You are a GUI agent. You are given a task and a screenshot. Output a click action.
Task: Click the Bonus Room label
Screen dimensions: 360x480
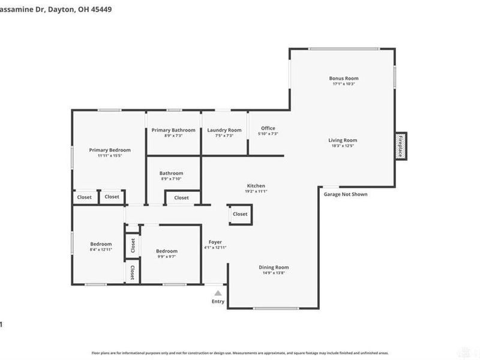point(344,78)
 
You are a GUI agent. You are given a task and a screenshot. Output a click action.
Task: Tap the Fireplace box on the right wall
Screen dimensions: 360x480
point(400,145)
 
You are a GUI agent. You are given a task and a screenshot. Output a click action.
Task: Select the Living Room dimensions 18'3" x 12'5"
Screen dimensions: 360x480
point(344,146)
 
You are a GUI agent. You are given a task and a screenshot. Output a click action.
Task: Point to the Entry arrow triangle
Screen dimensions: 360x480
point(218,293)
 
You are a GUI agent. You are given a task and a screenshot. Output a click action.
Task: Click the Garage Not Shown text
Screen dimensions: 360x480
point(346,194)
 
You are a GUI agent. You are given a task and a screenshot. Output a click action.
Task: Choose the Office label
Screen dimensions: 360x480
point(268,128)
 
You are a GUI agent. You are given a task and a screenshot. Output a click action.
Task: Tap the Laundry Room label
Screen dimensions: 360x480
point(224,130)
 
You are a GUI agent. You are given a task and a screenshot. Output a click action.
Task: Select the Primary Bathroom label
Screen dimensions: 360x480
point(173,130)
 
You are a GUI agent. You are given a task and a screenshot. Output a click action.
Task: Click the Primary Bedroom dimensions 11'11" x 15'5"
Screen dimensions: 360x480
point(110,156)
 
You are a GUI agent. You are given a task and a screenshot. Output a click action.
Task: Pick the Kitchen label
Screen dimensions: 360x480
point(256,185)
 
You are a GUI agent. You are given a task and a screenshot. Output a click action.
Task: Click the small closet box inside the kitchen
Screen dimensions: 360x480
point(240,214)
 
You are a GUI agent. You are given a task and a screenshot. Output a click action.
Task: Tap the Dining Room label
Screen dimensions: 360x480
point(274,267)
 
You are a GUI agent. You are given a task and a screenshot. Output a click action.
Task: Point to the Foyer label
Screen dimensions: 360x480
point(215,242)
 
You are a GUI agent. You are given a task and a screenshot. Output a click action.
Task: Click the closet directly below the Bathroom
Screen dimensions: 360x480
point(181,197)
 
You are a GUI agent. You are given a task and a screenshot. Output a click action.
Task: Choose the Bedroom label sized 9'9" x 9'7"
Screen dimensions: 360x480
point(167,251)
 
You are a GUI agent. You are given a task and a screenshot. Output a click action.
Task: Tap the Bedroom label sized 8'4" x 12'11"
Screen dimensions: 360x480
point(101,244)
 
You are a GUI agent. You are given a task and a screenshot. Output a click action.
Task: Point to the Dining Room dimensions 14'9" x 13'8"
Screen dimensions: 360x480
point(274,273)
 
